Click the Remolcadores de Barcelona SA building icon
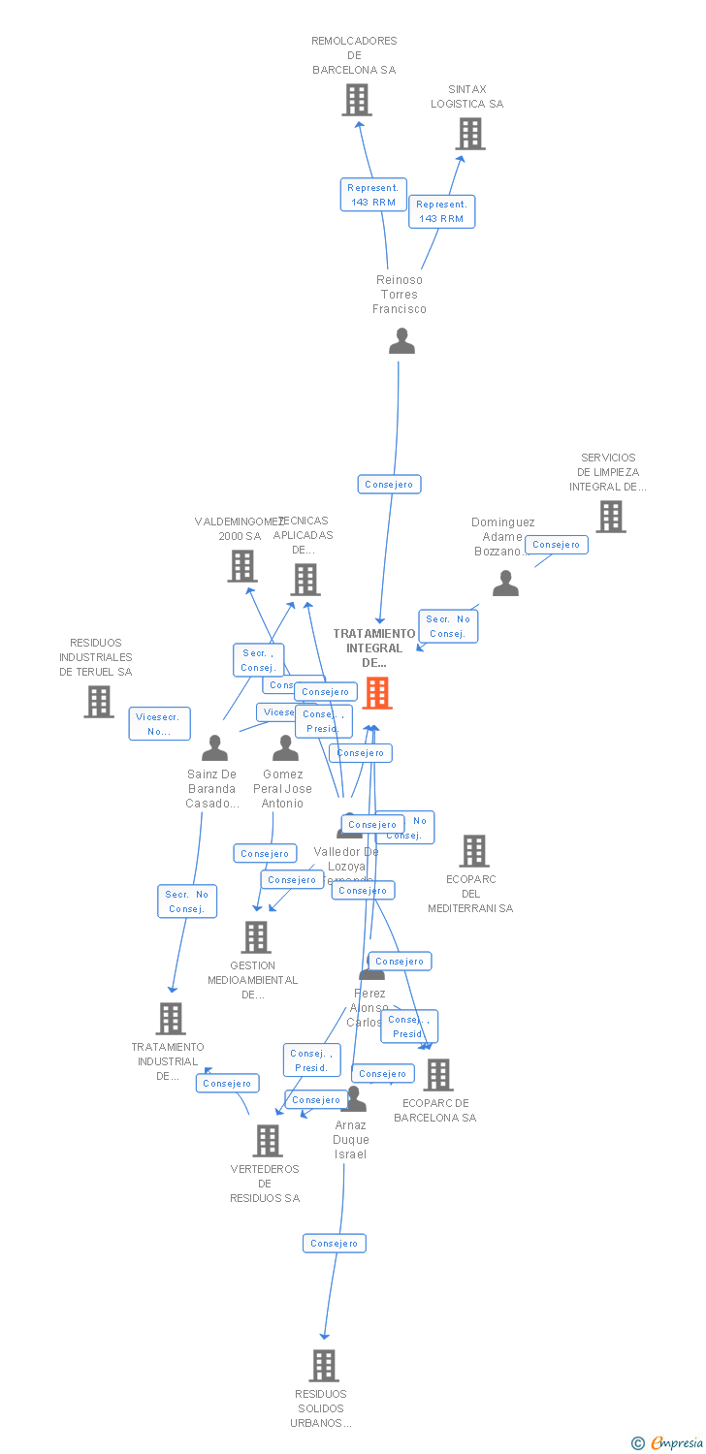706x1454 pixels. point(357,100)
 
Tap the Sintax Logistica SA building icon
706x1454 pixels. point(470,134)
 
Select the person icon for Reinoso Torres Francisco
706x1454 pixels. point(401,341)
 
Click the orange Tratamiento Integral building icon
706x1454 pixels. point(377,693)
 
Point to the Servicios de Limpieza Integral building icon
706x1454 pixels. point(610,517)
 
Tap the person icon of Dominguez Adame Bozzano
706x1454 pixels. point(505,583)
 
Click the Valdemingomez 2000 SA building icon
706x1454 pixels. point(242,566)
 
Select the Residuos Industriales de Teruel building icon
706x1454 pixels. point(98,702)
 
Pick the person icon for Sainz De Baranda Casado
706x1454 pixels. point(214,748)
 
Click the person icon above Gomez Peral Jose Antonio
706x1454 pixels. point(285,748)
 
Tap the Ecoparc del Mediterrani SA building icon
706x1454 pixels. point(473,851)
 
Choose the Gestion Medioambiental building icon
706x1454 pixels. point(256,937)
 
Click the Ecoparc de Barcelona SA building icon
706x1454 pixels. point(438,1075)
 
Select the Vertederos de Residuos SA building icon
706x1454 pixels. point(268,1141)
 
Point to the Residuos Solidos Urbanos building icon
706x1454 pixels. point(323,1366)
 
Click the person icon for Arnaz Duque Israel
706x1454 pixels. point(355,1099)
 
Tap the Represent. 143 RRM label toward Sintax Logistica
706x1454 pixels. point(441,211)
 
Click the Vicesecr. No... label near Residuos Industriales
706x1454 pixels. point(159,724)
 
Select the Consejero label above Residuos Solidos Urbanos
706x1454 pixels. point(335,1243)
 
